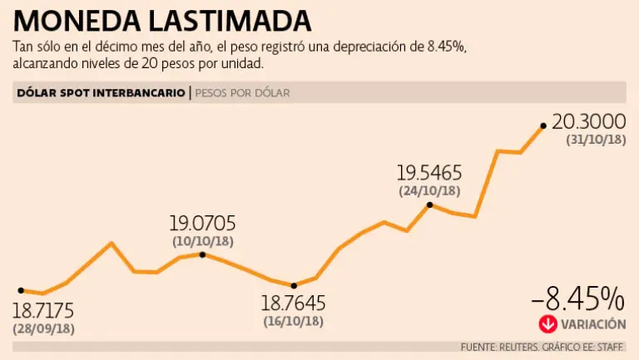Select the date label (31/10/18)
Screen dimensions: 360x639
(596, 140)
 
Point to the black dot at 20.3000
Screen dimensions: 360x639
(543, 126)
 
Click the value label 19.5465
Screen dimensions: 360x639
(428, 173)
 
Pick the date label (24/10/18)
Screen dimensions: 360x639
(429, 191)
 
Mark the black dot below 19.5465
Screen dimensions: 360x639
(429, 205)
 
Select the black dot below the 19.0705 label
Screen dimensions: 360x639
(203, 254)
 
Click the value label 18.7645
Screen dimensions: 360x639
(293, 303)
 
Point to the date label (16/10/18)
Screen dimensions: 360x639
(293, 321)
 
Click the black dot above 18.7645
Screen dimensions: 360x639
(294, 285)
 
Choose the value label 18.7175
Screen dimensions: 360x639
(42, 311)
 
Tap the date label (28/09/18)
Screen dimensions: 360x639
(43, 328)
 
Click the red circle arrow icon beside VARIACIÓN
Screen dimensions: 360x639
(547, 324)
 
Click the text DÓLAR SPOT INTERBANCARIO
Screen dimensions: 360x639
(101, 93)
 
